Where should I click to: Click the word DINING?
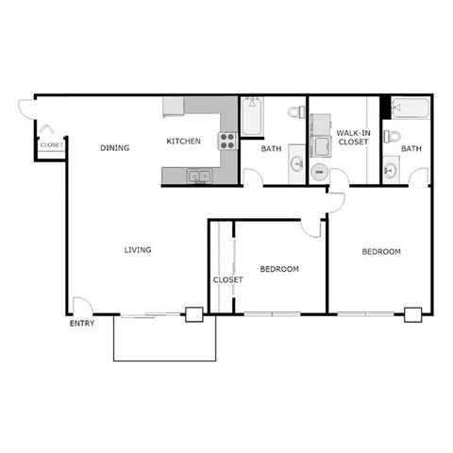[115, 148]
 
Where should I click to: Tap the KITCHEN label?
[184, 142]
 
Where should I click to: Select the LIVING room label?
[138, 250]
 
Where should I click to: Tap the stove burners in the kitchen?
[227, 142]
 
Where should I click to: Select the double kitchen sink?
[198, 175]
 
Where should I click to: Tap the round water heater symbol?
[318, 173]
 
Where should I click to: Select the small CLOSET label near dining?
[51, 145]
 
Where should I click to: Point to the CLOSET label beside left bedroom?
[227, 280]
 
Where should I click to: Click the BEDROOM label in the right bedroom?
[381, 252]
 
